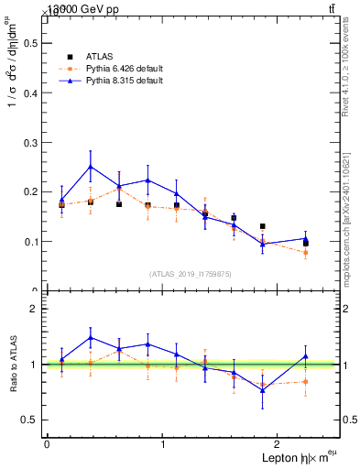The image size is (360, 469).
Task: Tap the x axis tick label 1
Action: click(163, 444)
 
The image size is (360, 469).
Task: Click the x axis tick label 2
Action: click(279, 444)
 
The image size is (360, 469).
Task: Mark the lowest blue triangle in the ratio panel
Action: click(263, 390)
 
